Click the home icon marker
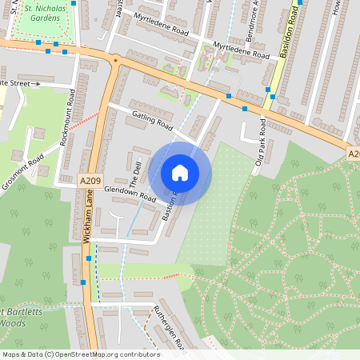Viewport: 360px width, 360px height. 180,173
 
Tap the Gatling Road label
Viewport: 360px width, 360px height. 150,121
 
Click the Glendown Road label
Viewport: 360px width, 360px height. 130,192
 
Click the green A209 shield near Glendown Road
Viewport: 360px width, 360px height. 90,182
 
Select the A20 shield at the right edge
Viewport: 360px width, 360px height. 353,153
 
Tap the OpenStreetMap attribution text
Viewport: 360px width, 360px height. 80,354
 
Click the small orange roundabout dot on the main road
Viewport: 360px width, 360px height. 116,59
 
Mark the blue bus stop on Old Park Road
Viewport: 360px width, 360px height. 245,109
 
